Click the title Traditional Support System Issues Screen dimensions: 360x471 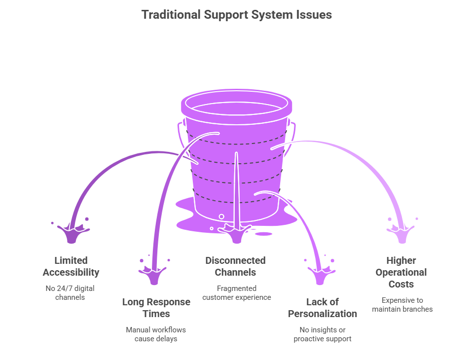(x=236, y=15)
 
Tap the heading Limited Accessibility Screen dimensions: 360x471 (x=71, y=266)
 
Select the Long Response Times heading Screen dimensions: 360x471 (x=156, y=308)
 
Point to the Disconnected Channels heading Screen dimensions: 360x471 (x=235, y=266)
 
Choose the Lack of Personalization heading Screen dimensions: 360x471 (x=323, y=308)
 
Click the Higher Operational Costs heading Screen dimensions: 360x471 (x=401, y=272)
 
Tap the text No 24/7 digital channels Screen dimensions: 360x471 (x=71, y=293)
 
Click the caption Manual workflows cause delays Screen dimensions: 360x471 (x=156, y=334)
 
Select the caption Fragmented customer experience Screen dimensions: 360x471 (x=236, y=293)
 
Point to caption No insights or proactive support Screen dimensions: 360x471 (x=323, y=334)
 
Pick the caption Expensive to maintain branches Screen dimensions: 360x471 (x=402, y=304)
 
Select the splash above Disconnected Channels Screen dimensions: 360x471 (x=236, y=233)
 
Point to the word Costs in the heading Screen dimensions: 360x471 (x=401, y=284)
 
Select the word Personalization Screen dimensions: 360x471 (x=323, y=314)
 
